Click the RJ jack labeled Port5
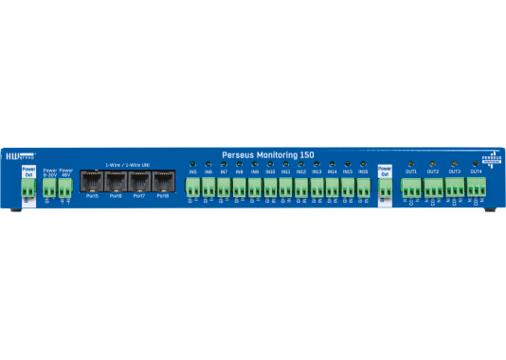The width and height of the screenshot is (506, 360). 93,181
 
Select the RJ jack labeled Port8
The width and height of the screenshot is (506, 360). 162,181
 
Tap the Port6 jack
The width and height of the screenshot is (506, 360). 116,181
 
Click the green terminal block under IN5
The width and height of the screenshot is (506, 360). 192,187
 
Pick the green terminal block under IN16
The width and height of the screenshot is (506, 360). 363,187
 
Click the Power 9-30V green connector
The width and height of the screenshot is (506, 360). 49,187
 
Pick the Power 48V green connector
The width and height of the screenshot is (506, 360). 65,187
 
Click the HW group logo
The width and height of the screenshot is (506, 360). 18,155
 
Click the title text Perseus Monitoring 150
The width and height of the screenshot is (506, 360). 267,153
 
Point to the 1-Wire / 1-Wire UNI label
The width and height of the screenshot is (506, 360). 127,163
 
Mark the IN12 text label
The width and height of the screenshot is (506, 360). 301,171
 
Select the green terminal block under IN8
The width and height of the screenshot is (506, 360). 239,187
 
